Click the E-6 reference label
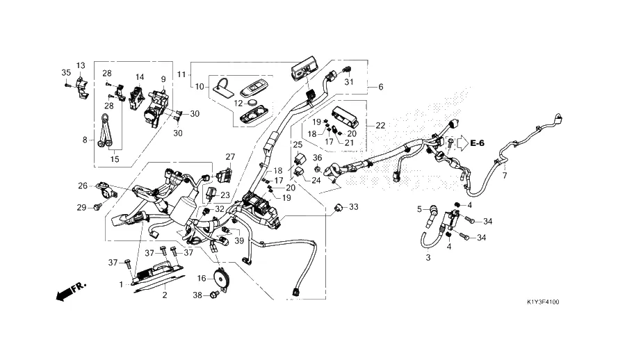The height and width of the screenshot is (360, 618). click(x=477, y=143)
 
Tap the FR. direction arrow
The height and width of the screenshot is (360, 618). click(x=68, y=291)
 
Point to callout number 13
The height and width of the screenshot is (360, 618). click(x=81, y=65)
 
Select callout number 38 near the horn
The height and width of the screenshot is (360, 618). click(x=197, y=295)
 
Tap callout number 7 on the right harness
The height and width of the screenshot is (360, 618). click(x=505, y=176)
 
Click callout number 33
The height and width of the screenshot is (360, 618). click(x=354, y=207)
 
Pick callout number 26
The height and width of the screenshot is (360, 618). click(x=83, y=186)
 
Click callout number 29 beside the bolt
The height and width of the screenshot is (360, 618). click(x=81, y=207)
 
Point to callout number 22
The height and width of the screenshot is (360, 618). click(x=380, y=125)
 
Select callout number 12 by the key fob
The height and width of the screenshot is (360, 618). click(x=238, y=104)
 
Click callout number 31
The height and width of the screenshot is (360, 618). click(x=350, y=83)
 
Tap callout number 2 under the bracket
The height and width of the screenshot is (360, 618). click(x=165, y=295)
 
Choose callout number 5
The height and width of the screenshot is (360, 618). click(x=420, y=208)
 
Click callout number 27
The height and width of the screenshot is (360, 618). click(x=230, y=156)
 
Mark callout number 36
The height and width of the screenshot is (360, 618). click(x=317, y=158)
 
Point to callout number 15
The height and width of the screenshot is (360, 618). click(x=114, y=159)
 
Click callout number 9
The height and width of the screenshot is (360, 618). click(x=163, y=79)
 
